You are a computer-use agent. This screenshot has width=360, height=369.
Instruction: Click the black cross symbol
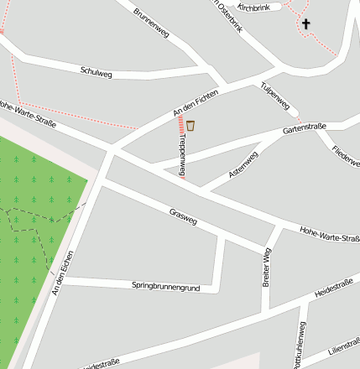point(305,23)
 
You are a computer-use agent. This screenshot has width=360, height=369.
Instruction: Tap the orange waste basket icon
point(191,126)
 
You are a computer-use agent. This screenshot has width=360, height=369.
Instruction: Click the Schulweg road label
point(97,70)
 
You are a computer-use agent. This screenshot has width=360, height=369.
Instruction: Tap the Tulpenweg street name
point(275,97)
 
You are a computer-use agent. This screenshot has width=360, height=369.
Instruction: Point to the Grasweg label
point(183,217)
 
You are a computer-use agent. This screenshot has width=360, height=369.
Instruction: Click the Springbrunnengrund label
point(166,287)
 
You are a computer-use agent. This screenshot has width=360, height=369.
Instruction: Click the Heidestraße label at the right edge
point(333,287)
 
